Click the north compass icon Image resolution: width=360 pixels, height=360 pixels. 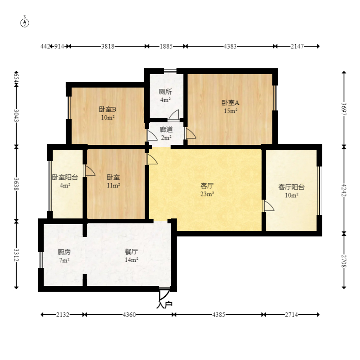pyautogui.click(x=25, y=22)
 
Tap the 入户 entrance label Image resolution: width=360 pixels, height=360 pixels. pyautogui.click(x=164, y=304)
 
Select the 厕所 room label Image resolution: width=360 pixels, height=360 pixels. pyautogui.click(x=165, y=92)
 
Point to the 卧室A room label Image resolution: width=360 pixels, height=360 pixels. pyautogui.click(x=230, y=103)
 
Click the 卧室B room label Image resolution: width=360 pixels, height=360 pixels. pyautogui.click(x=108, y=109)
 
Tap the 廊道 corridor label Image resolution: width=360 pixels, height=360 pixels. pyautogui.click(x=166, y=130)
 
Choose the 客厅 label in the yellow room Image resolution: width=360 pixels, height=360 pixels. pyautogui.click(x=208, y=186)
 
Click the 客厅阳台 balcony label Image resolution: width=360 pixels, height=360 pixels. pyautogui.click(x=291, y=187)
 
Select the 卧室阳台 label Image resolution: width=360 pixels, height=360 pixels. pyautogui.click(x=65, y=178)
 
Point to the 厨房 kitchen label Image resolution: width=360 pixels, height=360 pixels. pyautogui.click(x=63, y=252)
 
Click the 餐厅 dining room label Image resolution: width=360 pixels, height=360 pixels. pyautogui.click(x=131, y=252)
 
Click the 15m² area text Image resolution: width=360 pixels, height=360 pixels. pyautogui.click(x=230, y=111)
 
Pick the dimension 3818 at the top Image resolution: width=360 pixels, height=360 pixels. pyautogui.click(x=108, y=46)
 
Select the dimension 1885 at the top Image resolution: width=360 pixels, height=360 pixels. pyautogui.click(x=165, y=46)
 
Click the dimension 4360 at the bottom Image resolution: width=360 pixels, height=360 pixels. pyautogui.click(x=129, y=315)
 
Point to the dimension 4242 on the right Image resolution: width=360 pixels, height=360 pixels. pyautogui.click(x=344, y=189)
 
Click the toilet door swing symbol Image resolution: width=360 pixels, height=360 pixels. pyautogui.click(x=174, y=115)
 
